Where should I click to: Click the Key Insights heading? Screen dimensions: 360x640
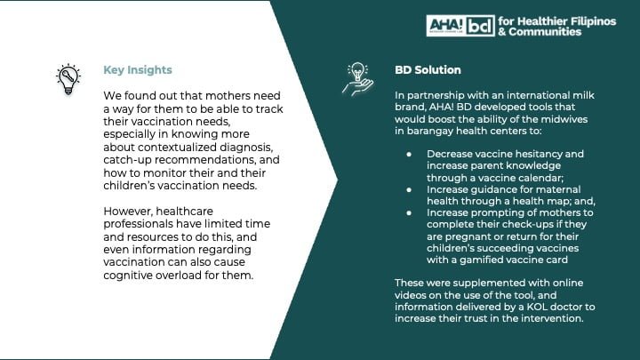point(138,69)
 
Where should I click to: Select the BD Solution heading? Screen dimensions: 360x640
point(428,69)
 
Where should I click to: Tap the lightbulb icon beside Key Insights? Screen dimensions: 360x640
point(68,78)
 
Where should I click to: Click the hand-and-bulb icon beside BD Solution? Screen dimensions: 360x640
point(357,78)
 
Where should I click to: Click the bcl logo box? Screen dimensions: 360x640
point(479,25)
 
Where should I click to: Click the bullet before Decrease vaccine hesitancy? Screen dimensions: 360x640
point(409,154)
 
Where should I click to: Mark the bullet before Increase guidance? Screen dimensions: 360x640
point(409,188)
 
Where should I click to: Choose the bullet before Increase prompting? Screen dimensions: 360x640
point(409,212)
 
